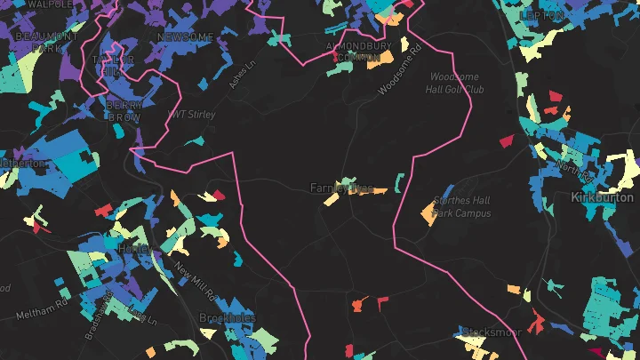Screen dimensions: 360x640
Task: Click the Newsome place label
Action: (x=185, y=37)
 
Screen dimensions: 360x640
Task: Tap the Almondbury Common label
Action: (x=358, y=52)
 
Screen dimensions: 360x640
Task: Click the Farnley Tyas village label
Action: (x=340, y=188)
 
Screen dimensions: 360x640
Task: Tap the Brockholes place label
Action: (x=228, y=318)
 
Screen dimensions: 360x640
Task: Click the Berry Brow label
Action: (x=124, y=110)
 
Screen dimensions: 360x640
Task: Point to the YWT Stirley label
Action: (x=192, y=115)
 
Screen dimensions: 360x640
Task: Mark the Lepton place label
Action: (x=542, y=15)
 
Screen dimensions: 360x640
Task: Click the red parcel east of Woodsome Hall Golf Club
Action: (x=507, y=140)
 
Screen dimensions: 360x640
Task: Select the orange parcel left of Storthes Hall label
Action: (x=426, y=211)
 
